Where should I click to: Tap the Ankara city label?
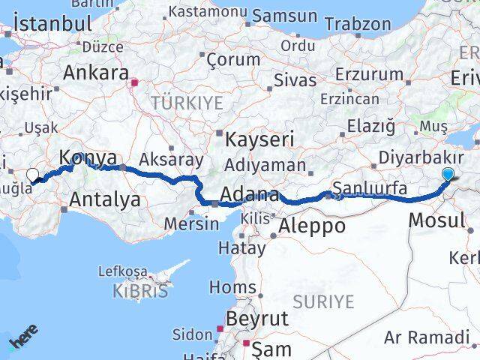pos(96,73)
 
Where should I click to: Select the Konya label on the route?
pos(88,158)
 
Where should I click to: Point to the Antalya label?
pos(105,199)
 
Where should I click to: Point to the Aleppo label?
pos(312,225)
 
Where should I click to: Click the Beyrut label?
pos(256,318)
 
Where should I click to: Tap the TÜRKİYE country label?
pos(187,103)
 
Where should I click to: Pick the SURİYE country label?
pos(323,301)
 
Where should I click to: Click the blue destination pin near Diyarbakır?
pos(448,175)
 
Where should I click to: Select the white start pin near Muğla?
pos(32,175)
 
